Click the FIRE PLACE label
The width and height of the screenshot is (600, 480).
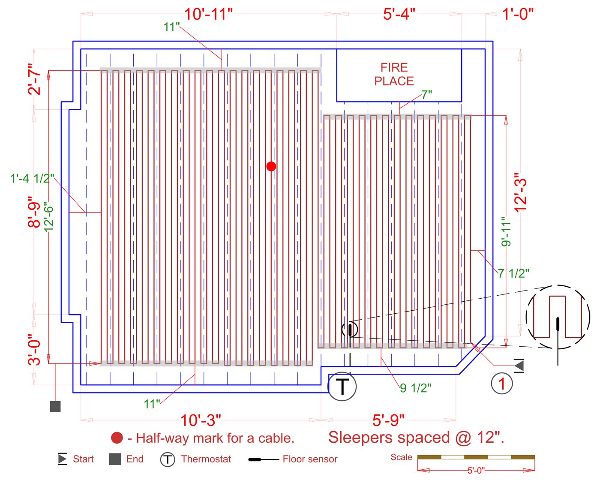coord(394,74)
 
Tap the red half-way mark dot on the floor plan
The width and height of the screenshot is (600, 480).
coord(271,166)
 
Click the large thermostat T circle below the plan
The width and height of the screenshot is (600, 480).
coord(342,387)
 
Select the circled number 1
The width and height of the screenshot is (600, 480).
coord(501,383)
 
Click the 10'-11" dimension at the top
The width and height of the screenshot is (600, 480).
coord(208,14)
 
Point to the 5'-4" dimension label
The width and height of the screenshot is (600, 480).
coord(399,14)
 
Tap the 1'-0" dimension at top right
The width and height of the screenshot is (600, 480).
coord(518,14)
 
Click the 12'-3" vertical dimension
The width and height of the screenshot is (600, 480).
coord(520,192)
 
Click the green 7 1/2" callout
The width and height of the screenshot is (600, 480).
coord(513,273)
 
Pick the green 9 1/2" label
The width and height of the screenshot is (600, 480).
coord(416,388)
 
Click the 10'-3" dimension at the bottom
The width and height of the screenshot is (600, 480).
coord(200,420)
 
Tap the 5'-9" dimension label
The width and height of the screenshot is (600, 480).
coord(388,420)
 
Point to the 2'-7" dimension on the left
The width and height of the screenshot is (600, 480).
coord(35,79)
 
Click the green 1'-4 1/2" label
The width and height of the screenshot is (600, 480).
coord(32,178)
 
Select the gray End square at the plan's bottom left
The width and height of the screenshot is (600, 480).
coord(55,406)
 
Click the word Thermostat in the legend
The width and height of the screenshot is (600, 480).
coord(206,459)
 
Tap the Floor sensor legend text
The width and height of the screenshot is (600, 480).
coord(310,459)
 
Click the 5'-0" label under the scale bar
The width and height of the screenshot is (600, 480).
coord(475,470)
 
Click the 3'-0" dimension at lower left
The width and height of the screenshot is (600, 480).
coord(35,350)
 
